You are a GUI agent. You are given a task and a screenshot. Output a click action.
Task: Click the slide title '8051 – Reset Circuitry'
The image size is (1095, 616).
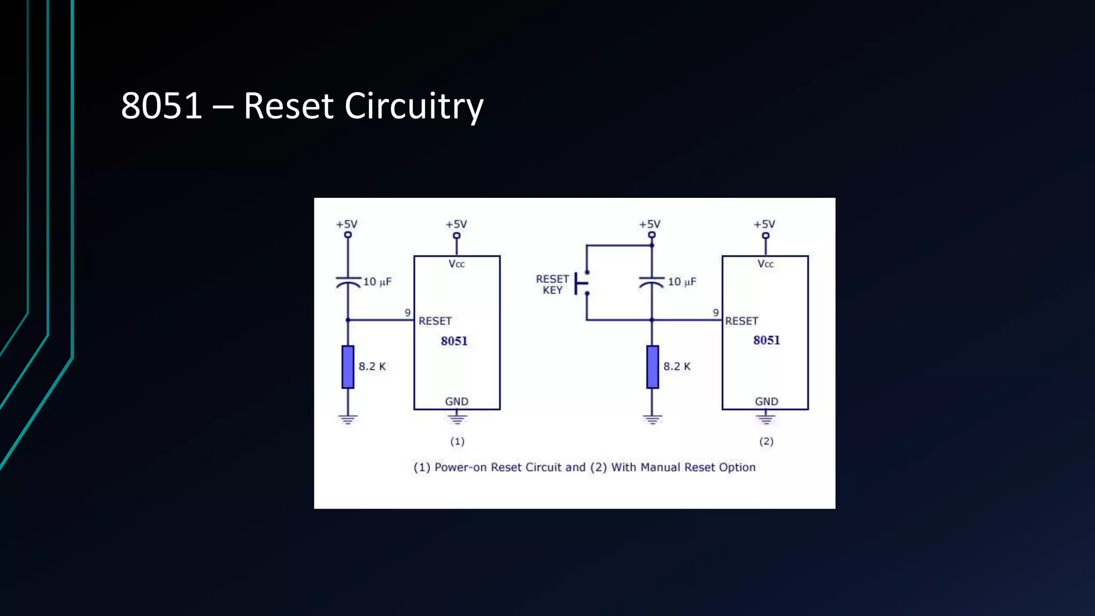[302, 106]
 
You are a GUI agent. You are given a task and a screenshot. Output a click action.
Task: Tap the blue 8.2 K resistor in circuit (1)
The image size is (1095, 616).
[348, 367]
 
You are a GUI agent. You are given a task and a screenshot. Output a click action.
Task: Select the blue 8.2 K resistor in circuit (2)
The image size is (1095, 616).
[652, 367]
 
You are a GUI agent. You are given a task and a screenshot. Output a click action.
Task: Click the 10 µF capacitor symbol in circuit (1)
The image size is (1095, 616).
[348, 282]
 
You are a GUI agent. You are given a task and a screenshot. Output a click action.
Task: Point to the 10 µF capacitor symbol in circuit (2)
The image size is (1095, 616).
[652, 282]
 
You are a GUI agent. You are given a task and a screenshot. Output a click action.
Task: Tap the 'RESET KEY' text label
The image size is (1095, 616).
[552, 284]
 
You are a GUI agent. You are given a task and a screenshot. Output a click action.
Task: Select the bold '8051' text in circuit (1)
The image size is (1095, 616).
[454, 341]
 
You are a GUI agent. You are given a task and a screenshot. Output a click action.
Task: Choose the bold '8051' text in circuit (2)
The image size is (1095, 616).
[766, 340]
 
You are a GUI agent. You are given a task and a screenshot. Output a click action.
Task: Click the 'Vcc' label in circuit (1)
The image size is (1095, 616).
[457, 264]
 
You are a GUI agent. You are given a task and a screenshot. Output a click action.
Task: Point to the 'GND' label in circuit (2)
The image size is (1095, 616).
[766, 401]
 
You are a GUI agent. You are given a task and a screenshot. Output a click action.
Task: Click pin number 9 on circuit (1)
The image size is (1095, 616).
[407, 313]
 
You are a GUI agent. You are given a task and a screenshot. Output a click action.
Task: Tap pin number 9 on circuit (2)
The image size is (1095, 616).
[715, 313]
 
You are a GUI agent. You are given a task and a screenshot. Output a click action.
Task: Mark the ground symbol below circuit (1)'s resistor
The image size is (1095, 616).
[348, 419]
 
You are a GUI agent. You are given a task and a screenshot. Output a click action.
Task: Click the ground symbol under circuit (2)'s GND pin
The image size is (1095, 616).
[766, 418]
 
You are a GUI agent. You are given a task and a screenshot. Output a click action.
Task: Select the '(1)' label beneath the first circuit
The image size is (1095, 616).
[457, 441]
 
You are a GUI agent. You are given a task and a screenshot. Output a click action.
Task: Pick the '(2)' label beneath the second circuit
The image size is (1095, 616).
[766, 441]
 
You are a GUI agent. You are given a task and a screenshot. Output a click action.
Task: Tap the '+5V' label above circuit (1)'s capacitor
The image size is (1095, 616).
[346, 224]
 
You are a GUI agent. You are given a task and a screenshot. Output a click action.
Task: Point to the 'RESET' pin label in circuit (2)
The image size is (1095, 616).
[742, 321]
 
